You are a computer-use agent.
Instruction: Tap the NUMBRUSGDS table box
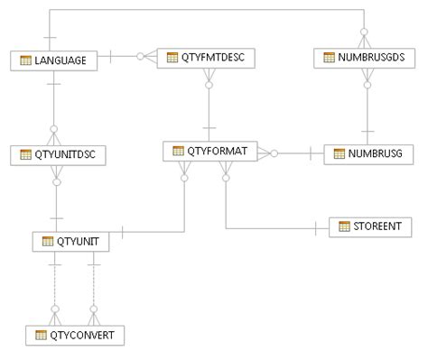[x=366, y=59]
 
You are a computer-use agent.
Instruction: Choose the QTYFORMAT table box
[x=210, y=151]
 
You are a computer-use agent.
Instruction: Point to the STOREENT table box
[x=370, y=226]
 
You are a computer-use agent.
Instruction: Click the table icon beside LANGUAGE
[x=25, y=60]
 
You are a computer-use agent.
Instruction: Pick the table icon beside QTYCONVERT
[x=41, y=335]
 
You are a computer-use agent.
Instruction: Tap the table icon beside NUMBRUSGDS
[x=330, y=59]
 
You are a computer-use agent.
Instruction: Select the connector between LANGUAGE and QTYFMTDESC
[x=126, y=57]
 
